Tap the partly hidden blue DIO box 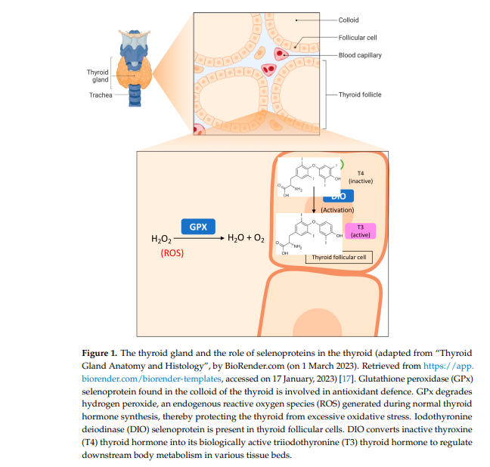[339, 196]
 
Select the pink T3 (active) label [360, 230]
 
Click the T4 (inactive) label [360, 178]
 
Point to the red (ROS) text [172, 254]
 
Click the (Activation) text [336, 209]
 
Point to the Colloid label [349, 20]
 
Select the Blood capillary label [360, 55]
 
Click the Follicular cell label [358, 37]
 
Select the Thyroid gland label [98, 76]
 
